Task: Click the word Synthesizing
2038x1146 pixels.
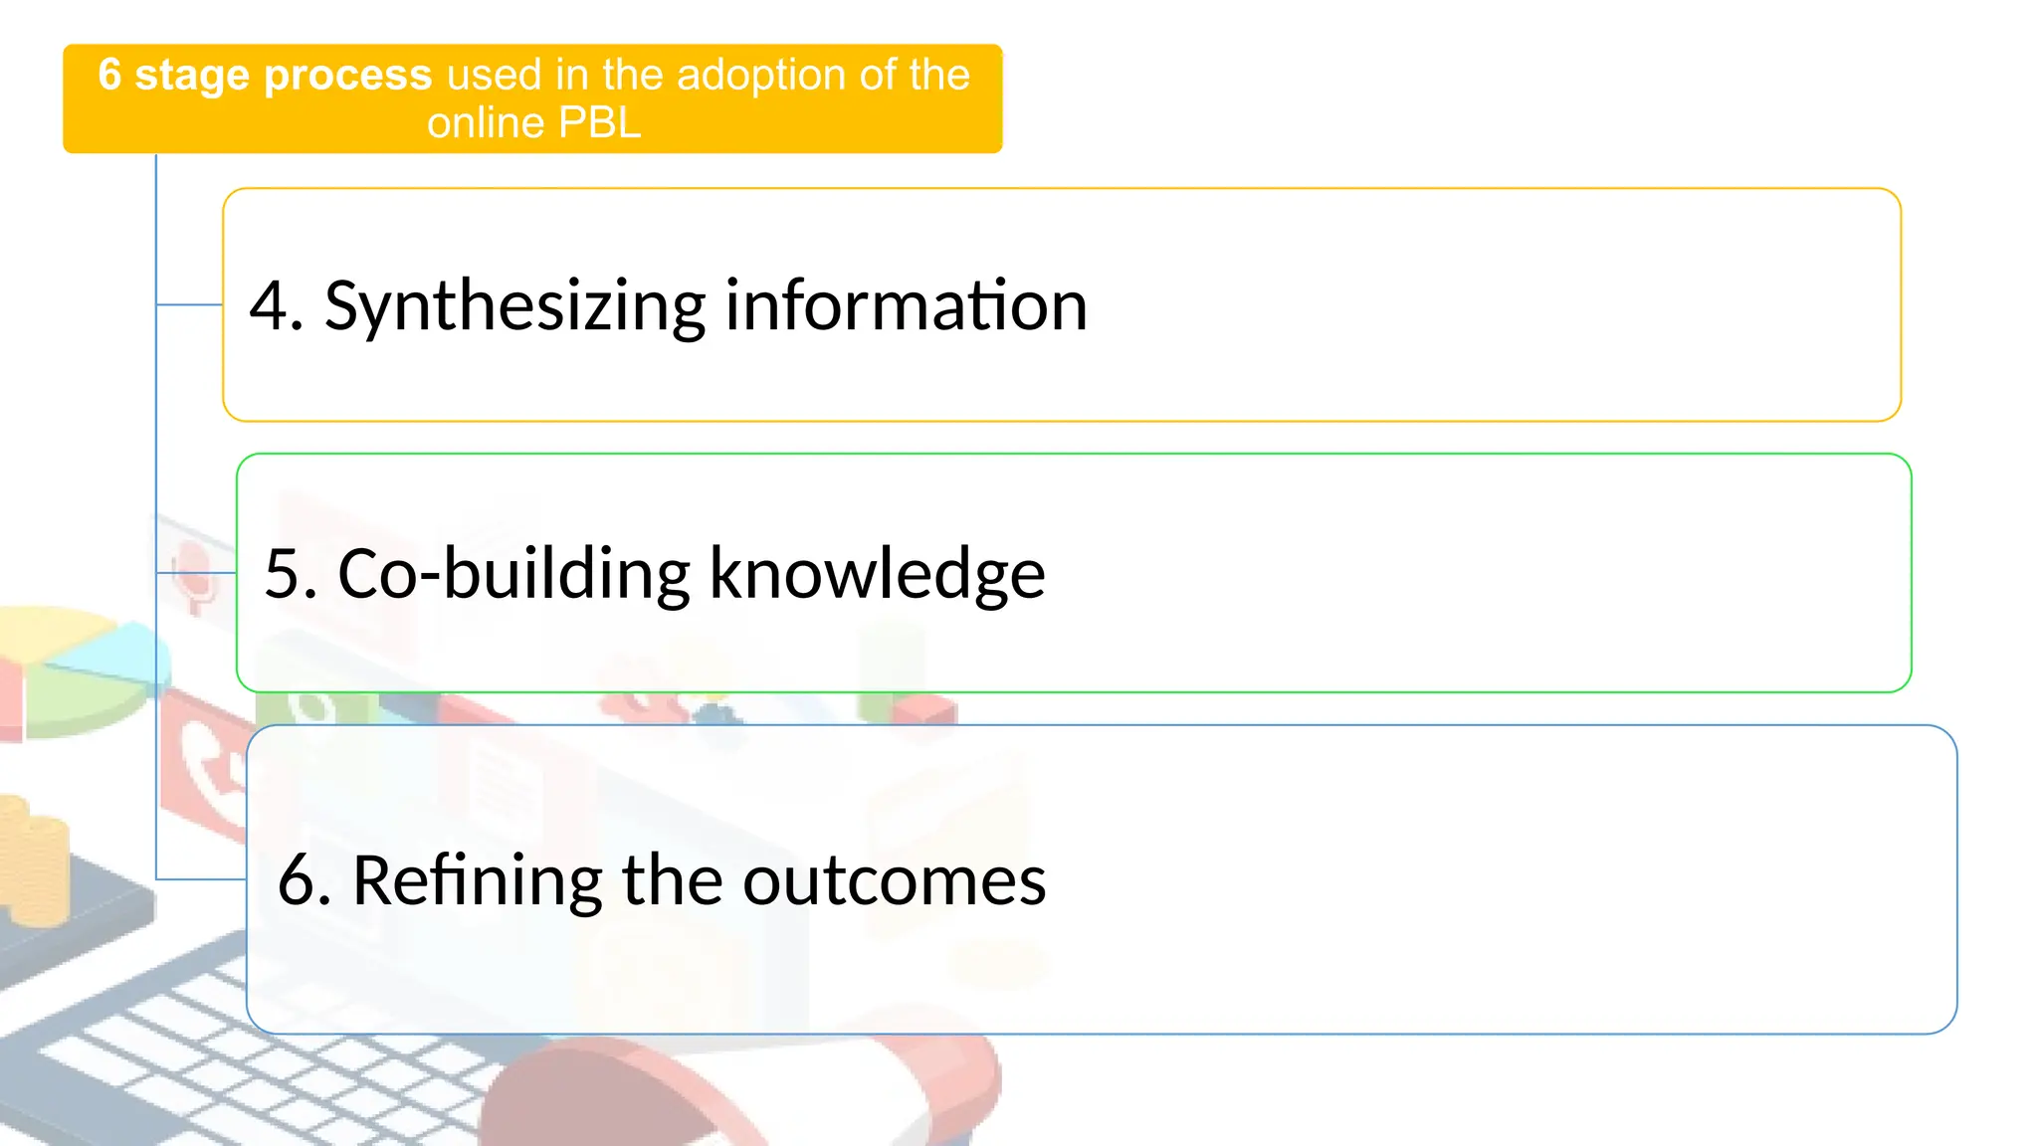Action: click(514, 306)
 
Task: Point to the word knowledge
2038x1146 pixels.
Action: click(877, 574)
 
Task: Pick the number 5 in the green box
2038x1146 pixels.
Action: click(285, 574)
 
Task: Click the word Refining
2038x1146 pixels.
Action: click(477, 880)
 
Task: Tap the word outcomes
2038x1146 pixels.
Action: click(894, 880)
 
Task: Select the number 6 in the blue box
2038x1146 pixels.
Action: click(298, 880)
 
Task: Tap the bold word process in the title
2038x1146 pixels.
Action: click(347, 76)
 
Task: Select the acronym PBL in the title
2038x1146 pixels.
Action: click(599, 123)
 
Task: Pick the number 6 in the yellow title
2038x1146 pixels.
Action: click(109, 76)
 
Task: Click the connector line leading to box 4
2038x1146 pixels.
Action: click(189, 304)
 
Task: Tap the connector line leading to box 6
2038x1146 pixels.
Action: click(200, 879)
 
